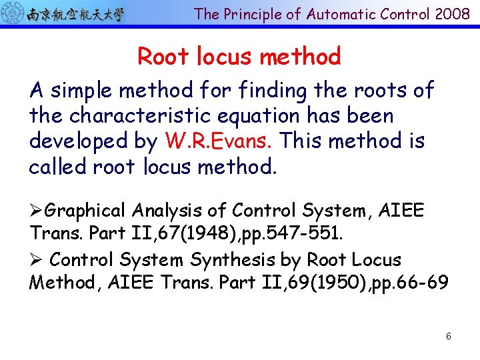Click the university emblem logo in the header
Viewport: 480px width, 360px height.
[x=13, y=13]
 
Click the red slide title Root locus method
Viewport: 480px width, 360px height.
[x=239, y=57]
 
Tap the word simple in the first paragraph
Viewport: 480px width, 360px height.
[x=83, y=90]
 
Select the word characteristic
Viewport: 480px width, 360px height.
[x=142, y=115]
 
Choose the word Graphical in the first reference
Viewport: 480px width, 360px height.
[x=85, y=211]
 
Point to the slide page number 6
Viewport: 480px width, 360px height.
[x=449, y=336]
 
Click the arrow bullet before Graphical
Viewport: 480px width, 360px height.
[x=37, y=211]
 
